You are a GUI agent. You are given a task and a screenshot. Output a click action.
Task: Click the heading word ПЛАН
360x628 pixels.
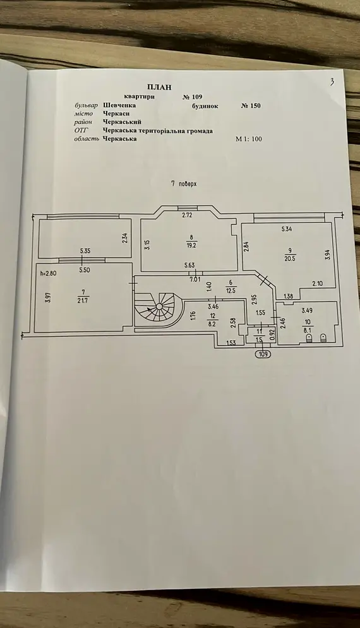(x=160, y=87)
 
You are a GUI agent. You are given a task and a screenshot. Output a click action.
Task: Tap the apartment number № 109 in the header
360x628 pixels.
(x=193, y=97)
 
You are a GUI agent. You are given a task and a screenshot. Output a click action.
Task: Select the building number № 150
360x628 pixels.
(x=251, y=106)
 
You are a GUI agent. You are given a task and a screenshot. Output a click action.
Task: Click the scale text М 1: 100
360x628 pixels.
(x=249, y=139)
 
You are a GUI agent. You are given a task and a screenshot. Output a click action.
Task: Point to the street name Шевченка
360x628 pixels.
(x=119, y=105)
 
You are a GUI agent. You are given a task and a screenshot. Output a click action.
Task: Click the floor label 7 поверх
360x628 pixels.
(x=184, y=184)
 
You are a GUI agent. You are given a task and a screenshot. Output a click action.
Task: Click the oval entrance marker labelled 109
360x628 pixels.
(x=263, y=354)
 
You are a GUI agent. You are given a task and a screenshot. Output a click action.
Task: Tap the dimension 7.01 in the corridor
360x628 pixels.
(x=195, y=279)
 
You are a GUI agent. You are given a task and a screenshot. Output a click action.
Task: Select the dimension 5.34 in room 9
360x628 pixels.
(x=287, y=230)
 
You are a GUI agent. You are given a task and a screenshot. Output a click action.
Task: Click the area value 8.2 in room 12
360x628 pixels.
(x=212, y=324)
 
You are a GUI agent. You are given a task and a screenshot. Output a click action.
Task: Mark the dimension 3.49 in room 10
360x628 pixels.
(x=307, y=310)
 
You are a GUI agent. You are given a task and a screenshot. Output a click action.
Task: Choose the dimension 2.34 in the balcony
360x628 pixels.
(x=124, y=239)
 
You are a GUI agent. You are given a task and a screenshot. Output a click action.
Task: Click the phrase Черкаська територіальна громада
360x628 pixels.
(x=157, y=131)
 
